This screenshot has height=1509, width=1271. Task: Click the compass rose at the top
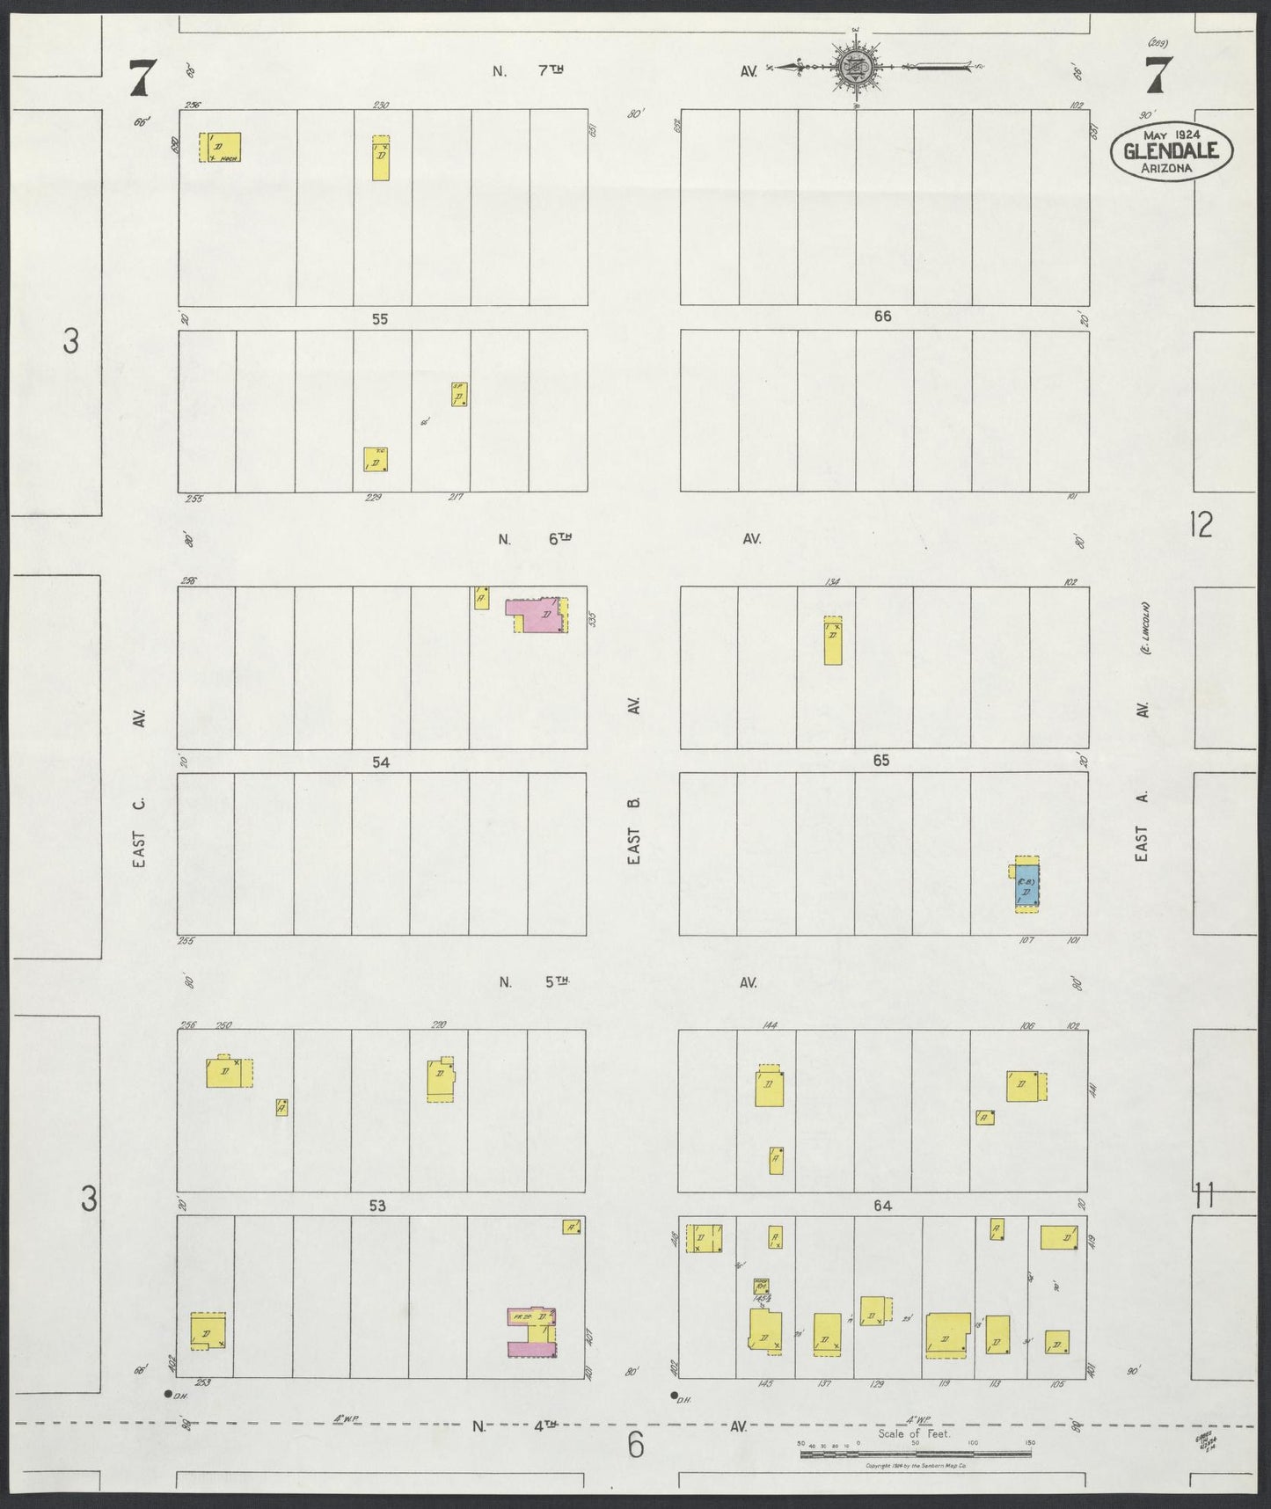(x=854, y=67)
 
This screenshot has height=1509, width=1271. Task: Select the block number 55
(x=379, y=319)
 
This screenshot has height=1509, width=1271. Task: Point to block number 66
(x=882, y=317)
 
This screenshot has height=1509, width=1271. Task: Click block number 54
(x=380, y=762)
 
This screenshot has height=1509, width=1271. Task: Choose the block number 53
(x=377, y=1206)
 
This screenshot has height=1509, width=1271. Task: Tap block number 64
(x=882, y=1206)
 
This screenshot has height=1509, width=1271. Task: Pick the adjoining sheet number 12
(x=1200, y=525)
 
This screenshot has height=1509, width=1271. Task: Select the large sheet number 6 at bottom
(x=635, y=1445)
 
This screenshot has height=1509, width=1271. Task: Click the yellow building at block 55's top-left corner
(x=220, y=147)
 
